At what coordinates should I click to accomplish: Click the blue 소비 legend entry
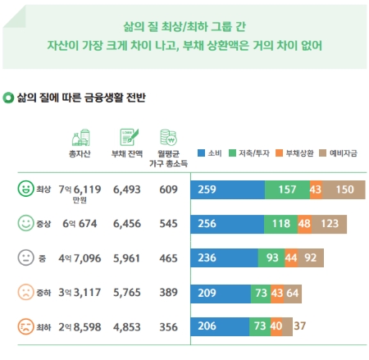click(x=212, y=153)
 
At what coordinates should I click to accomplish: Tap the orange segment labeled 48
click(x=303, y=223)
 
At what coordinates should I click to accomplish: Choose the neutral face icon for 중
click(x=26, y=257)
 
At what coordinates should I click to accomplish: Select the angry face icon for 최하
click(x=26, y=326)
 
